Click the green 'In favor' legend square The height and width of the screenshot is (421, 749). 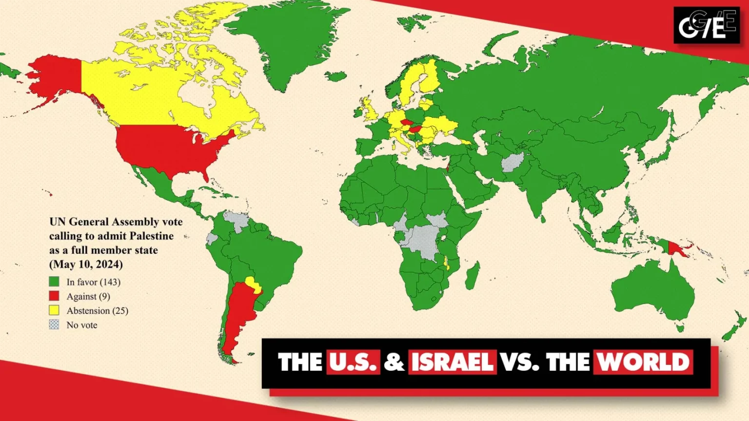[x=54, y=282]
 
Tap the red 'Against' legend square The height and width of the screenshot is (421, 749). [x=54, y=296]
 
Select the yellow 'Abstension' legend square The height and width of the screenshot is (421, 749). [x=54, y=310]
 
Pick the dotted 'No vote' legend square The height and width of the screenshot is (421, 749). [x=54, y=325]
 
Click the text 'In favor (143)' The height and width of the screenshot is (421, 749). [x=93, y=282]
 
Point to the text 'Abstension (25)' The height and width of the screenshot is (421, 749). [x=97, y=310]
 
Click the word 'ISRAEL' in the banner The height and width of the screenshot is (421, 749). [x=452, y=362]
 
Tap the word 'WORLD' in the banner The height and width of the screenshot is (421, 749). [x=643, y=362]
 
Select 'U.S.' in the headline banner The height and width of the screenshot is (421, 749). [x=353, y=362]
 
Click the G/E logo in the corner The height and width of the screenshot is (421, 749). [x=707, y=25]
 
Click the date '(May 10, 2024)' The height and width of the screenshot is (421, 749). [x=86, y=264]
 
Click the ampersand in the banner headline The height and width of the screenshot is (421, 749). [x=394, y=362]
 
